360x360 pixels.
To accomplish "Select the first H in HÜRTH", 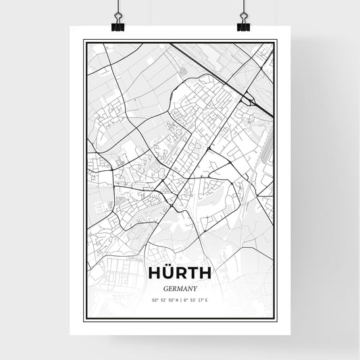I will coord(154,273).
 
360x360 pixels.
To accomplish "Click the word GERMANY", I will coord(179,286).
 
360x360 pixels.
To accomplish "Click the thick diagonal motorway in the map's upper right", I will coord(216,71).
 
